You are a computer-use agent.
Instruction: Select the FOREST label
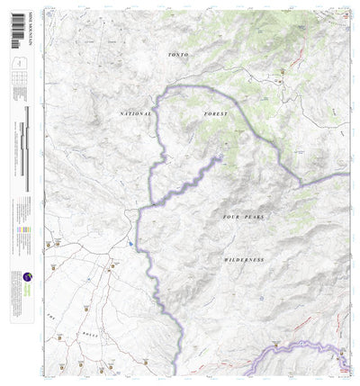[215, 114]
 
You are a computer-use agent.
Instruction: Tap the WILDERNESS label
[244, 259]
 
